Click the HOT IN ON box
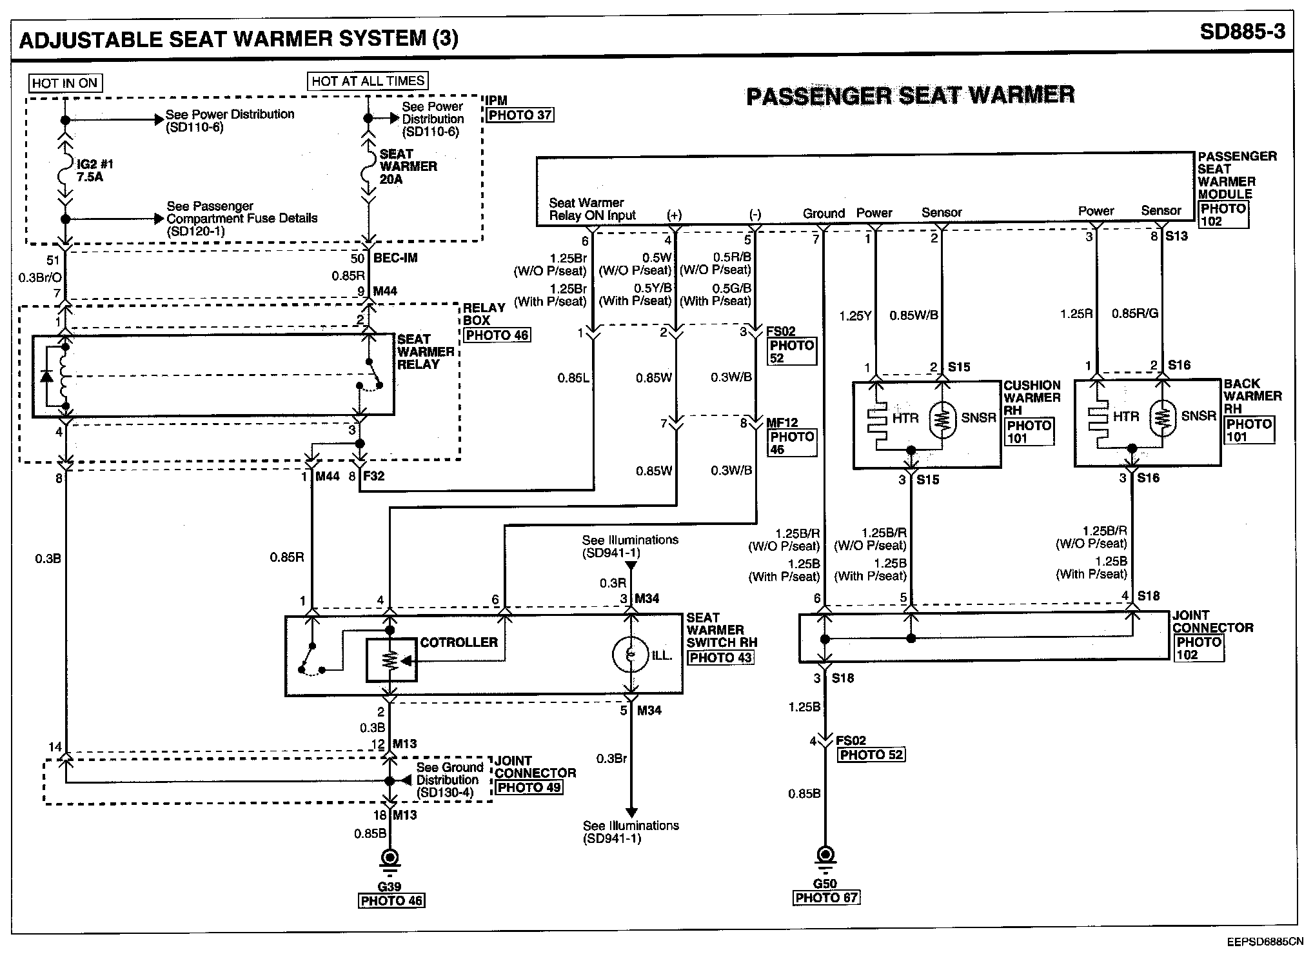[x=64, y=83]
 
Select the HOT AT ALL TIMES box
[x=368, y=81]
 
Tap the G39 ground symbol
[x=389, y=859]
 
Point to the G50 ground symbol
[x=825, y=856]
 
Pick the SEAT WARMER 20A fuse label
[x=408, y=166]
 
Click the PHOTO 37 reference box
[x=520, y=115]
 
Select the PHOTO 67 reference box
[x=826, y=898]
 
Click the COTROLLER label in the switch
[x=459, y=642]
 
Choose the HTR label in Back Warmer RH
[x=1126, y=417]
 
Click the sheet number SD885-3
[x=1242, y=32]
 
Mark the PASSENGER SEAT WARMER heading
[x=910, y=95]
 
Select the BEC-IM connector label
[x=395, y=258]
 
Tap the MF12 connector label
[x=782, y=423]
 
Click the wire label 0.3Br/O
[x=39, y=277]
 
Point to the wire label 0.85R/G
[x=1134, y=314]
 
